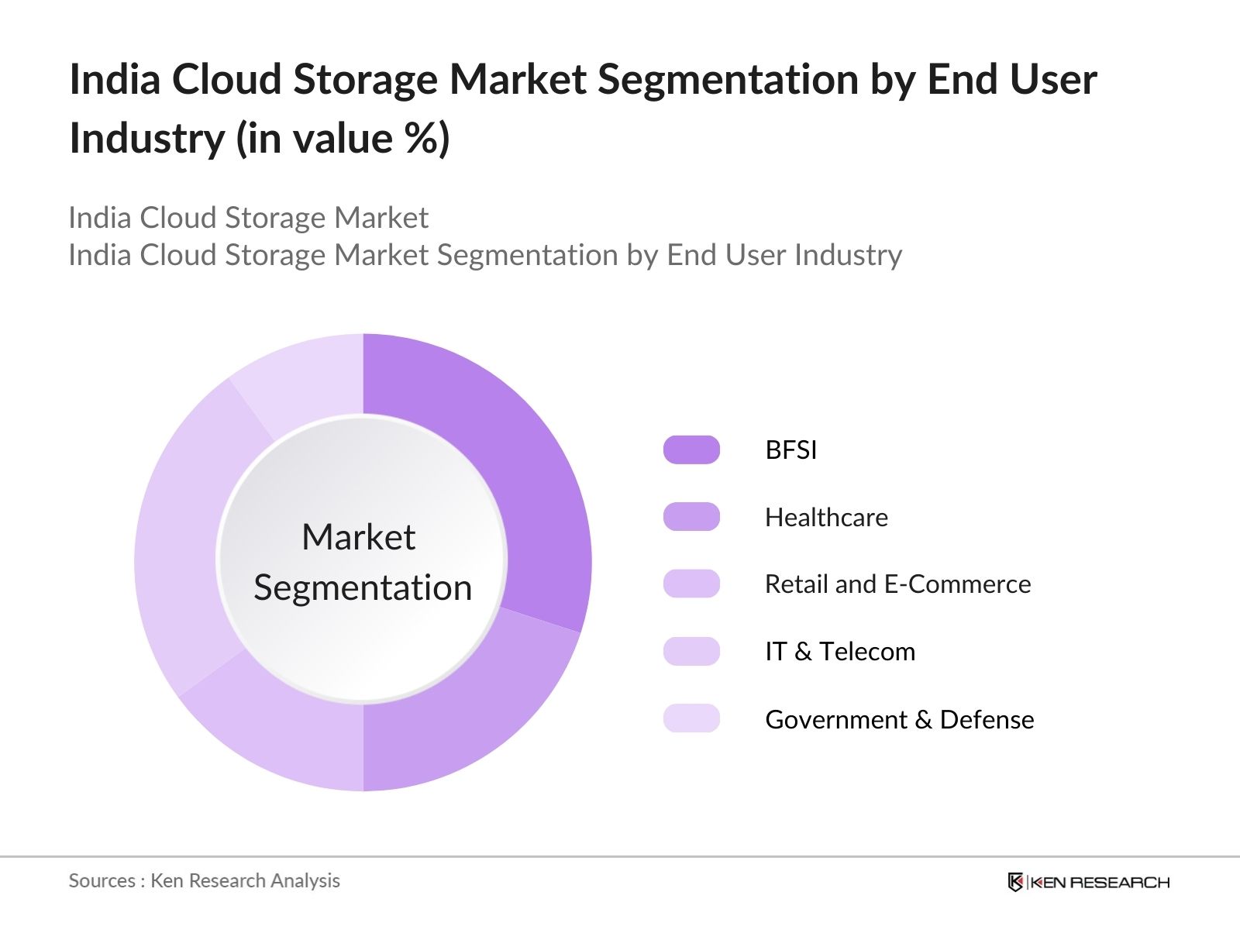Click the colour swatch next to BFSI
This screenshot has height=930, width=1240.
pos(691,449)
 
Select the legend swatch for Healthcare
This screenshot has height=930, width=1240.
pos(691,517)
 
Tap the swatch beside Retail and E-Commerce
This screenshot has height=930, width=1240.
pos(691,584)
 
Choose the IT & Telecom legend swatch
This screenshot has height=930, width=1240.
pos(691,651)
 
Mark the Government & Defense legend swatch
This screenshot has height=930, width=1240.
pos(691,718)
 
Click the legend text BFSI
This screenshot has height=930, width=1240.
pos(790,449)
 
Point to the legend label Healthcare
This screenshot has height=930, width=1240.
pos(826,517)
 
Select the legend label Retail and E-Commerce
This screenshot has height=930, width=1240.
pos(897,584)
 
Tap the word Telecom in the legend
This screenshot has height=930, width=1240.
pos(867,651)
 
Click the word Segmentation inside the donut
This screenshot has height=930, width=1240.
pos(363,587)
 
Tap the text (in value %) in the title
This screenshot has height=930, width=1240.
pos(343,138)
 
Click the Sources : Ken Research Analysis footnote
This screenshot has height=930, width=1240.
pos(205,880)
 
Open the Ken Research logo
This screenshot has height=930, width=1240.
pos(1088,882)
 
